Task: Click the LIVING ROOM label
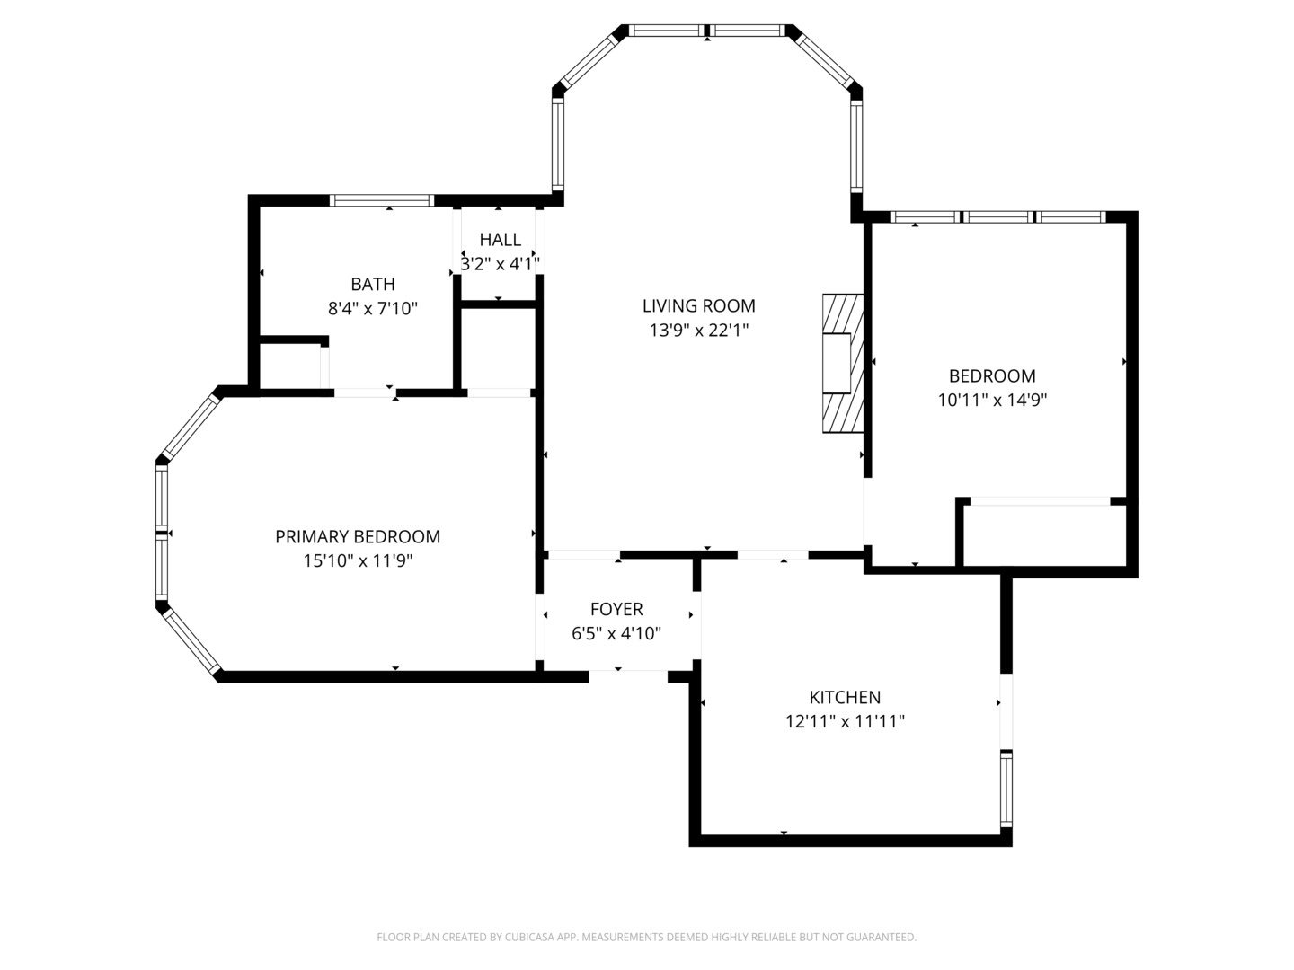[x=698, y=305]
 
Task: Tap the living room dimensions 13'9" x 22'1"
[x=698, y=331]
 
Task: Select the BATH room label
[x=372, y=284]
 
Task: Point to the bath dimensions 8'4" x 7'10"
[x=372, y=309]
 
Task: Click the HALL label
[x=500, y=240]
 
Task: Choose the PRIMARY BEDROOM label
[x=357, y=536]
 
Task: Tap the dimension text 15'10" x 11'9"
[x=357, y=561]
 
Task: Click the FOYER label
[x=616, y=609]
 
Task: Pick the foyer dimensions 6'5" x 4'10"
[x=616, y=633]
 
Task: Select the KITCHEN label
[x=845, y=697]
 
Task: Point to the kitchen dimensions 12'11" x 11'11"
[x=845, y=721]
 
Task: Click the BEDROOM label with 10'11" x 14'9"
[x=992, y=375]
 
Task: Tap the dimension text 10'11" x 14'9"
[x=992, y=401]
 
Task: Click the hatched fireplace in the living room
[x=842, y=364]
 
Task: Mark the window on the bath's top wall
[x=382, y=200]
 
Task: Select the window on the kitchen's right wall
[x=1006, y=789]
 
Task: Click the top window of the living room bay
[x=706, y=31]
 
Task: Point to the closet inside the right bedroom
[x=1042, y=535]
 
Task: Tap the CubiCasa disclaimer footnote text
[x=646, y=937]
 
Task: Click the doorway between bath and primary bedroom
[x=365, y=392]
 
